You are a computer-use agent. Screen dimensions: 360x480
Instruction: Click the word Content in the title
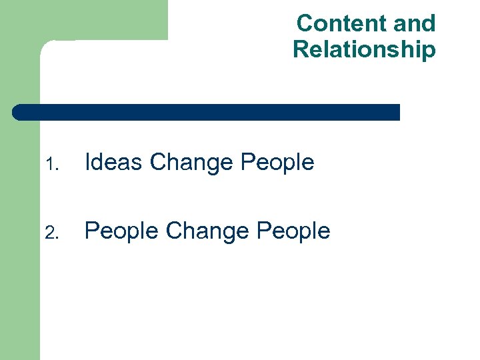coord(341,23)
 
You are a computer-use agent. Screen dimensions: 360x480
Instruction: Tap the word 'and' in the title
coord(414,23)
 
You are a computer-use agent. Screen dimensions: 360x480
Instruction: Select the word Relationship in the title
coord(364,49)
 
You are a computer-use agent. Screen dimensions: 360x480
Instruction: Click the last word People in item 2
coord(293,231)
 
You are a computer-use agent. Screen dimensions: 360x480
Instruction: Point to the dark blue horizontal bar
coord(207,112)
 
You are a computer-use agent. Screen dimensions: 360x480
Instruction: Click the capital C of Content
coord(305,23)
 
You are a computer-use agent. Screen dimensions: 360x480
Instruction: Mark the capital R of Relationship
coord(301,49)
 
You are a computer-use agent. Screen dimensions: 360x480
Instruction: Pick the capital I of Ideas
coord(88,162)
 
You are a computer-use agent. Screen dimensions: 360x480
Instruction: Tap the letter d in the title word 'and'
coord(427,23)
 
